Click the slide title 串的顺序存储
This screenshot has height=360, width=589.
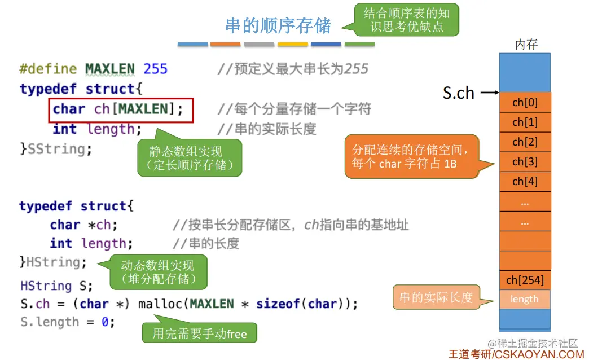tap(278, 26)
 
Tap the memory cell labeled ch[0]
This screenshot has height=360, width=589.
tap(525, 103)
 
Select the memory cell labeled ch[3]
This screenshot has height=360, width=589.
tap(525, 162)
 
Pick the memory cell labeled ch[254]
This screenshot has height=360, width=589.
tap(525, 280)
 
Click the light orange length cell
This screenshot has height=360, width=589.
tap(525, 299)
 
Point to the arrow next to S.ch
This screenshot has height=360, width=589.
tap(489, 93)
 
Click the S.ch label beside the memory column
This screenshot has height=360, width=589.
tap(458, 93)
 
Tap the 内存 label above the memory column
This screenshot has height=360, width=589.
tap(526, 45)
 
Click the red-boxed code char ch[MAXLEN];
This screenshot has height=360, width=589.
tap(121, 109)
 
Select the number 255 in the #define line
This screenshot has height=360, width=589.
tap(156, 69)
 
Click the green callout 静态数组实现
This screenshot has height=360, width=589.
tap(189, 159)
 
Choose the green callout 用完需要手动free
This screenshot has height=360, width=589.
tap(200, 333)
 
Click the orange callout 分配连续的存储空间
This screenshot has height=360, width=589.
tap(411, 157)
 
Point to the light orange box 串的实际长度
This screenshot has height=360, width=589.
tap(436, 297)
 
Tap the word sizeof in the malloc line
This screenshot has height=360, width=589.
tap(278, 304)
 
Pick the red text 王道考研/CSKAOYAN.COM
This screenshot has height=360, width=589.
tap(516, 354)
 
